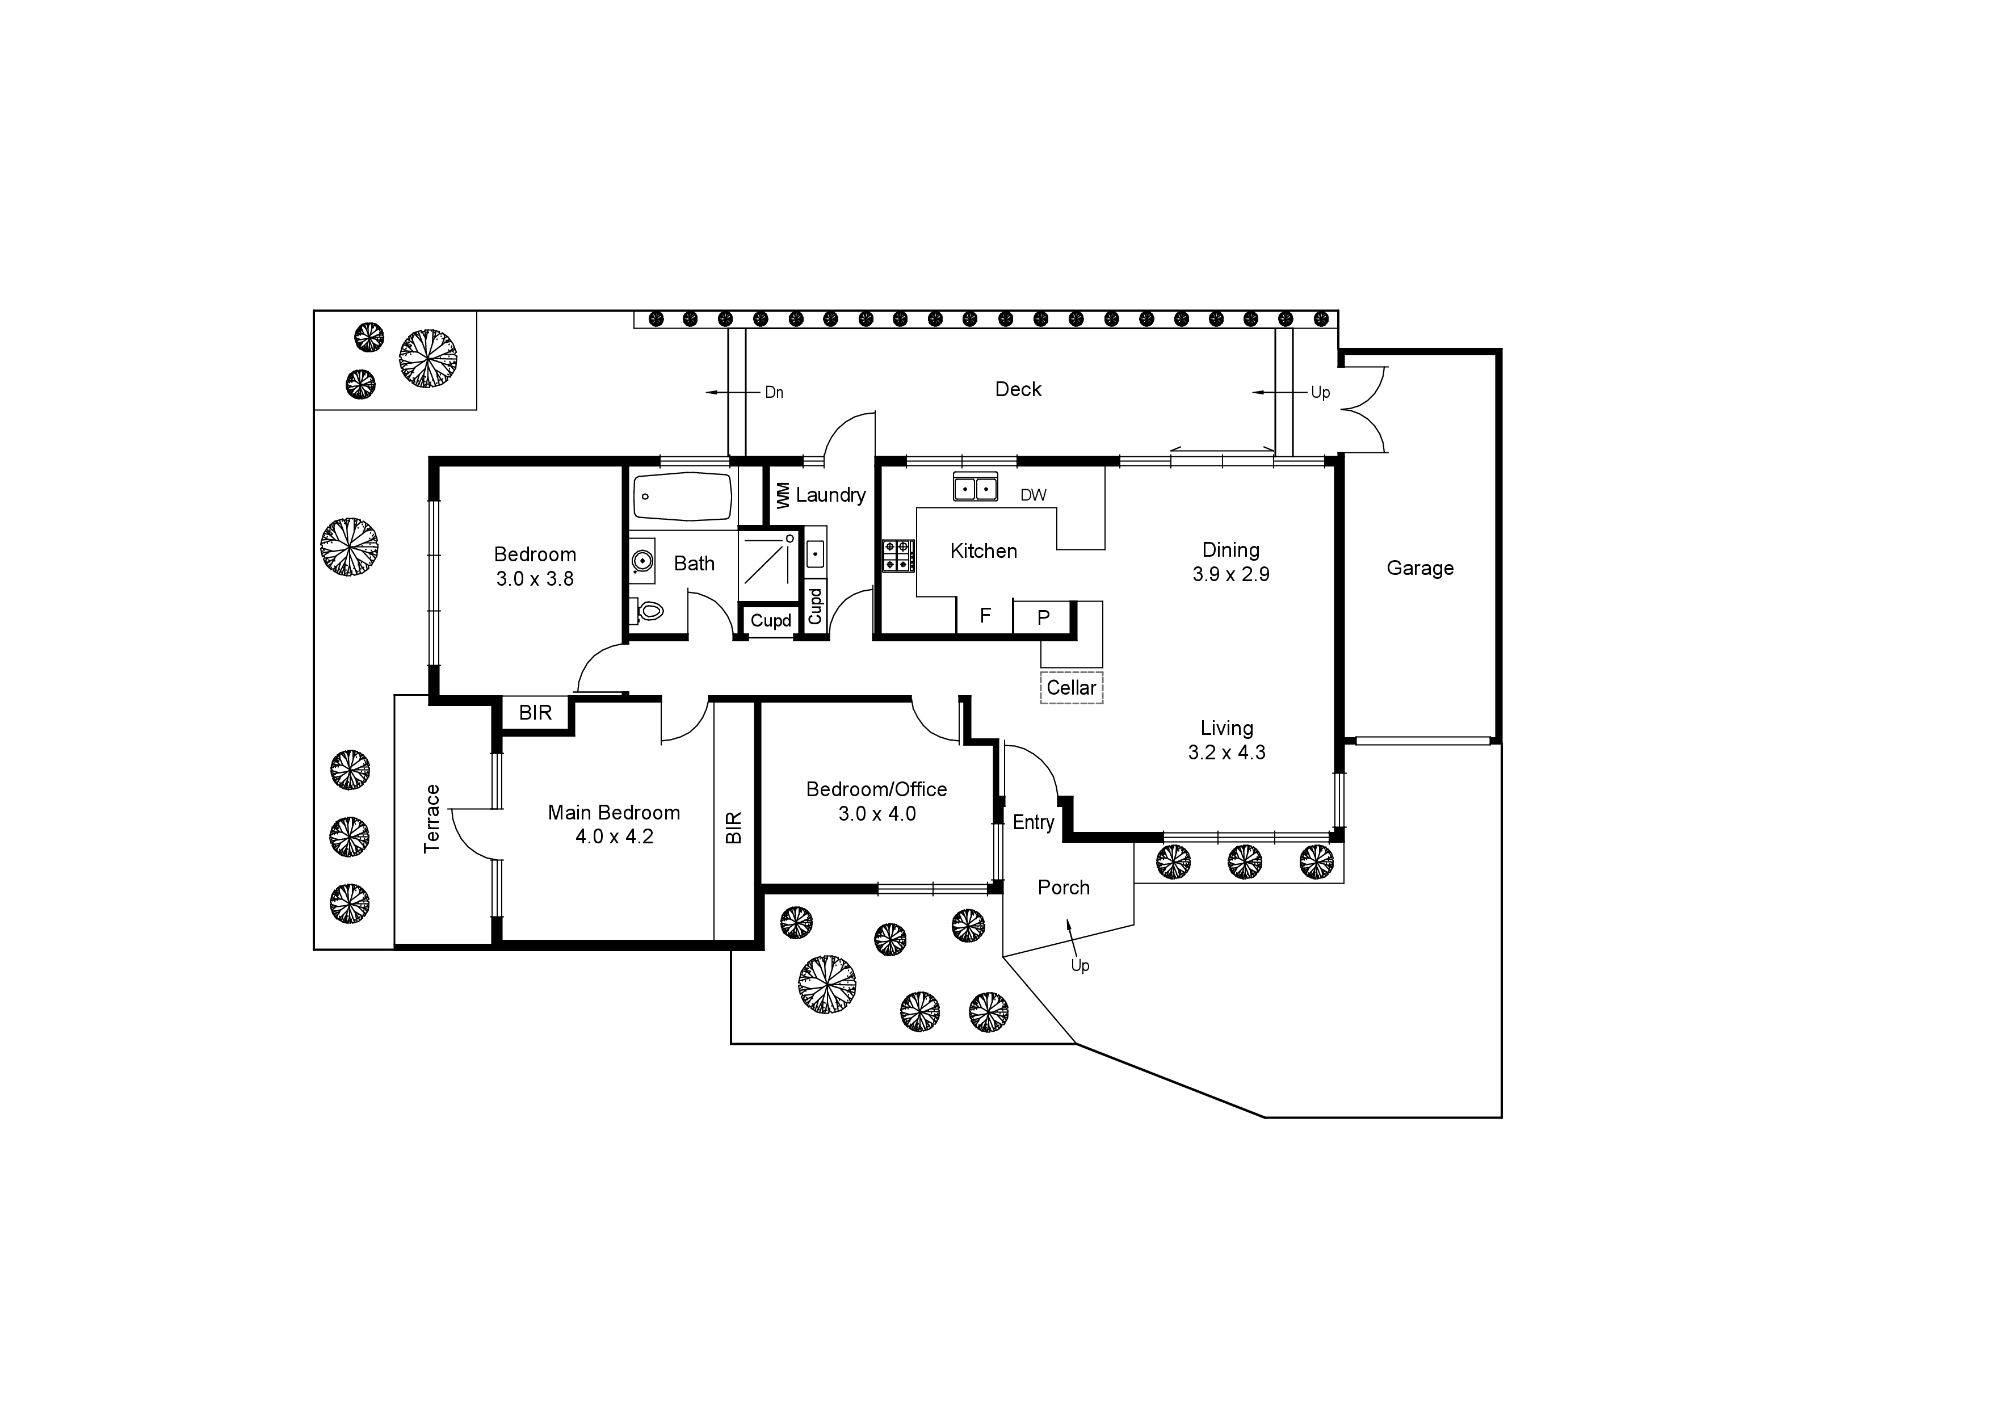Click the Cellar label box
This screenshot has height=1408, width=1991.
[1071, 687]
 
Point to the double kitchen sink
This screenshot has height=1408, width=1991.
[976, 488]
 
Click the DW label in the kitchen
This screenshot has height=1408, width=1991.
[1033, 495]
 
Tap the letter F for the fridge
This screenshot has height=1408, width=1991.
[985, 616]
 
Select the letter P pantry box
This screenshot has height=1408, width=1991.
[1043, 617]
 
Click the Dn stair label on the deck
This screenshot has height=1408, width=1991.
[774, 393]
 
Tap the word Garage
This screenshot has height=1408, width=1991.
[1419, 568]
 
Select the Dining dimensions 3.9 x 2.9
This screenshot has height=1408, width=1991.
[1230, 574]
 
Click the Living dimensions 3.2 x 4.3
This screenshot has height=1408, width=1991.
[1226, 753]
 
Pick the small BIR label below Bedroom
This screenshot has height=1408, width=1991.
[535, 713]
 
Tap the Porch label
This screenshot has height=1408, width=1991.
[1063, 887]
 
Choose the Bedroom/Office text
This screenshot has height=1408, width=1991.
[876, 789]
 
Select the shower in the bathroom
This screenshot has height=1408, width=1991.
[767, 565]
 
